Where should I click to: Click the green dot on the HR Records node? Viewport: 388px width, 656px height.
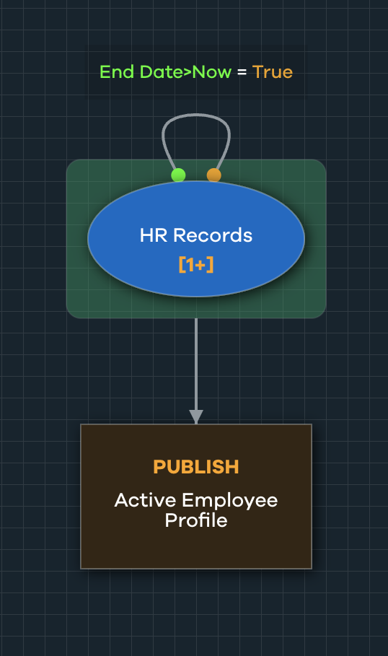coord(178,175)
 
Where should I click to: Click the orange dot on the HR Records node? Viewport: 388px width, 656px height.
coord(213,175)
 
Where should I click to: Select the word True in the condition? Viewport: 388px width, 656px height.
coord(273,72)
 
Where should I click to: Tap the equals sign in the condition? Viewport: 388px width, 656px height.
coord(242,73)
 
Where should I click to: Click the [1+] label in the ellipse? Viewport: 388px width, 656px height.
coord(196,265)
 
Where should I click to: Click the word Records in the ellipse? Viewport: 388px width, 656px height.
coord(213,235)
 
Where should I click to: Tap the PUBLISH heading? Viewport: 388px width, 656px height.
coord(196,467)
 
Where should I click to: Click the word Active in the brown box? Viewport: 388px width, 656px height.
coord(145,500)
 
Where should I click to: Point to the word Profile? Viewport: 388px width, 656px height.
coord(196,520)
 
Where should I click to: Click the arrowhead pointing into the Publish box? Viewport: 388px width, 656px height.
coord(196,417)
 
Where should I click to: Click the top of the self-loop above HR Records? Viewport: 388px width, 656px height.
coord(196,115)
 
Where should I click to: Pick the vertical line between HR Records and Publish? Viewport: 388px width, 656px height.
coord(196,361)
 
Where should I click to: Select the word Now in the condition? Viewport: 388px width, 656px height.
coord(216,72)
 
